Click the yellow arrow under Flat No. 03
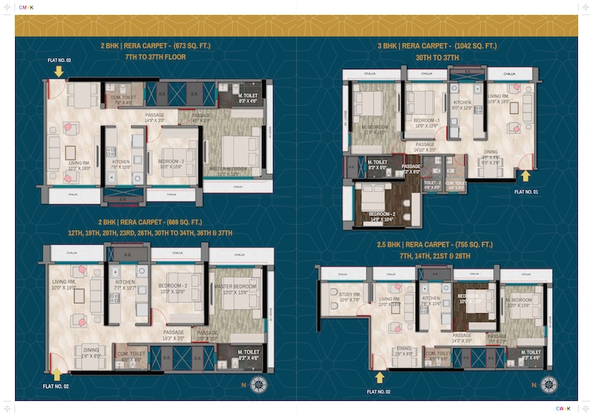click(x=58, y=72)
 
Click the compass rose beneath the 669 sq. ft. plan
click(x=259, y=386)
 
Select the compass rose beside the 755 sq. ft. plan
click(x=548, y=386)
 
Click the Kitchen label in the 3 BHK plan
click(x=462, y=104)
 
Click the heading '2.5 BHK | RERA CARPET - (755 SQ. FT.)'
click(x=435, y=245)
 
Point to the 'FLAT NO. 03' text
click(x=58, y=61)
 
